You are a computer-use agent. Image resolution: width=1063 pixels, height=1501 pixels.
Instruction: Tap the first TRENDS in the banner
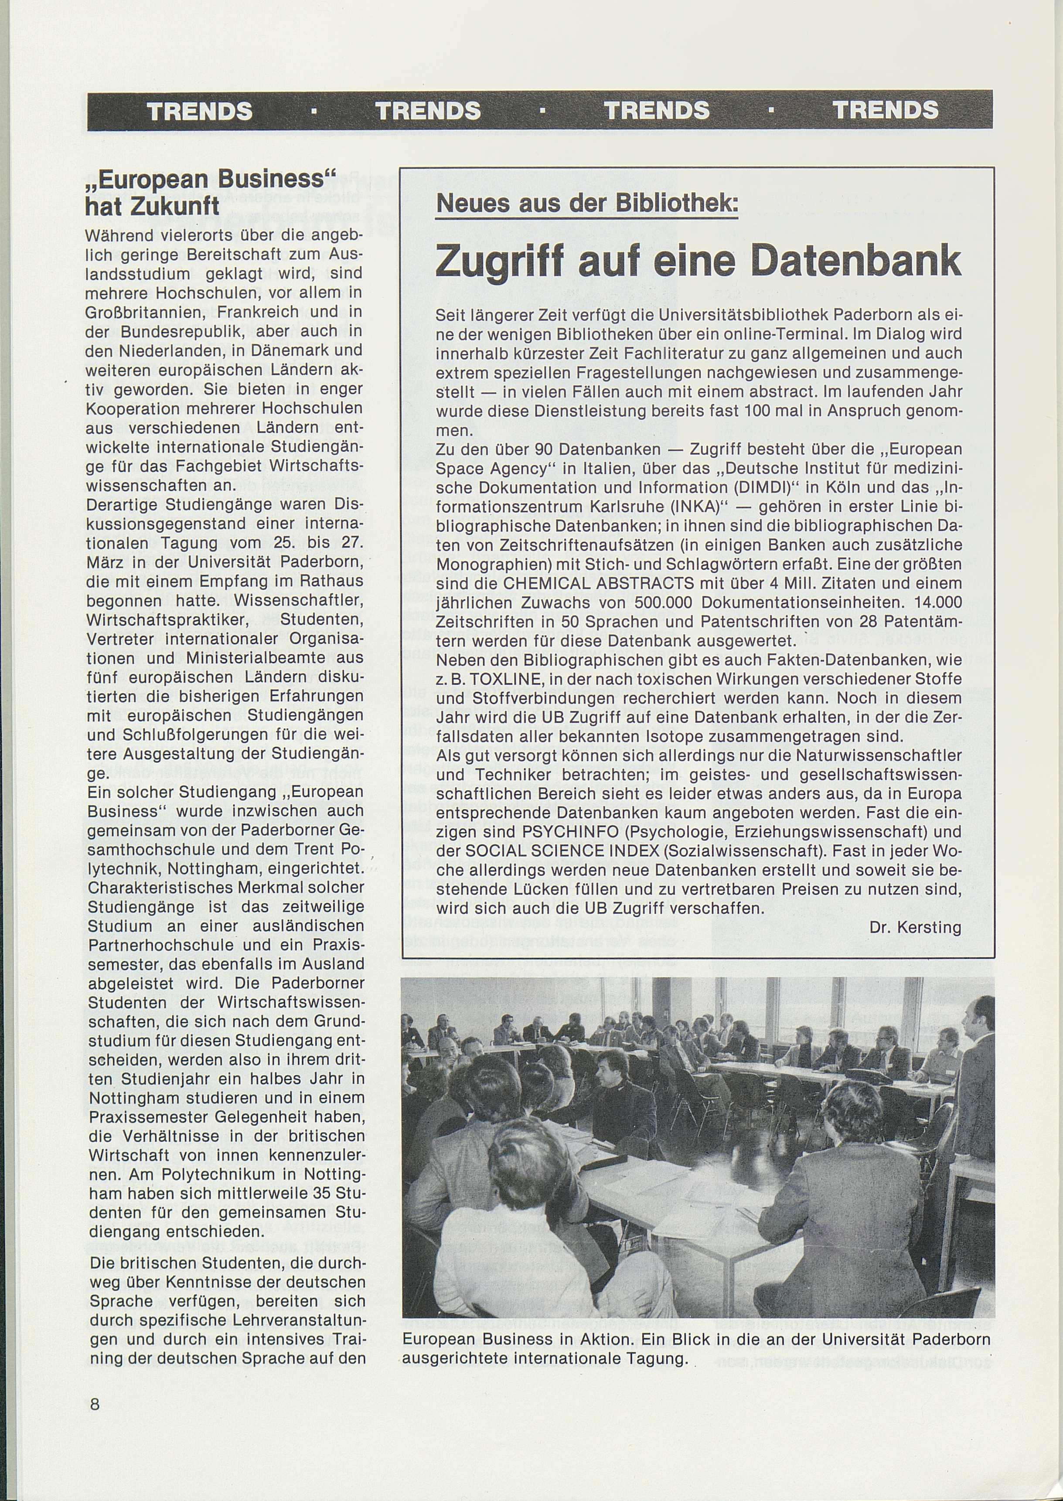[x=200, y=111]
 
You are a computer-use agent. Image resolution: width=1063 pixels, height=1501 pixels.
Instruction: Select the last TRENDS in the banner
[x=885, y=111]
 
